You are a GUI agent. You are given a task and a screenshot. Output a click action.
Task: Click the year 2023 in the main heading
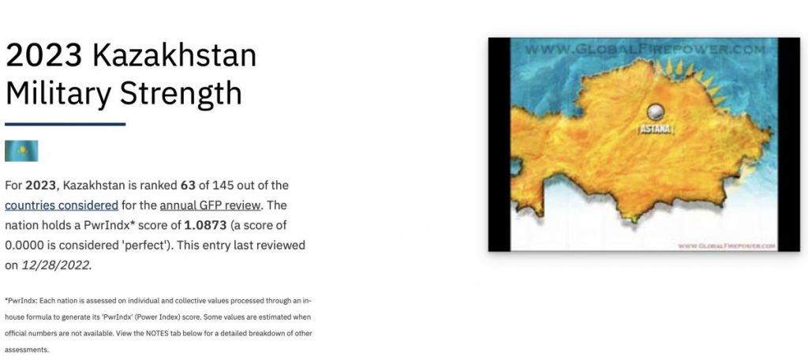(x=44, y=56)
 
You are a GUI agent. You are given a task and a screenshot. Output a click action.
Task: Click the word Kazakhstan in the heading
(x=174, y=56)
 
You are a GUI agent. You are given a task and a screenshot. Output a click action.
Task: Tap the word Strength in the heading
(x=181, y=93)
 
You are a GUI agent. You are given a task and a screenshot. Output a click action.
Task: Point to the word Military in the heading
(x=58, y=93)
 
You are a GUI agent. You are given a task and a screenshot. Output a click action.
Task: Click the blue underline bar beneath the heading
(x=65, y=124)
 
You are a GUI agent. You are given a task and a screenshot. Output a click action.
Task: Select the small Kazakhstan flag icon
(x=21, y=151)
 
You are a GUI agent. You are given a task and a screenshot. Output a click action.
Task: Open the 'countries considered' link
(x=62, y=205)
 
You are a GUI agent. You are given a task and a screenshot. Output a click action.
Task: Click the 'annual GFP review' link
(x=210, y=205)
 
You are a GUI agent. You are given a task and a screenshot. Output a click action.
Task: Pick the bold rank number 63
(x=188, y=186)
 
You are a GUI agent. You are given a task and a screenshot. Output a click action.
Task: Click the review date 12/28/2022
(x=56, y=265)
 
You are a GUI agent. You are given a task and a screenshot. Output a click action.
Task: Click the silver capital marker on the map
(x=656, y=111)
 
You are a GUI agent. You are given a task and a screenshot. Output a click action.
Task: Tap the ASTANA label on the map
(x=656, y=129)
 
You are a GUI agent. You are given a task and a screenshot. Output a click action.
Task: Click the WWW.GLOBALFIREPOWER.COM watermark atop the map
(x=645, y=50)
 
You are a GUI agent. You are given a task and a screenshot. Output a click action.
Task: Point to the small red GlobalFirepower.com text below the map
(x=727, y=246)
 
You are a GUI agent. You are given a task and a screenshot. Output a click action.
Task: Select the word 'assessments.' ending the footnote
(x=27, y=350)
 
